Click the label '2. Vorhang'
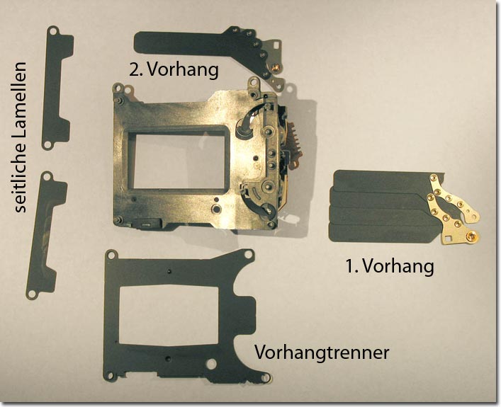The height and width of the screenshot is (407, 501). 174,69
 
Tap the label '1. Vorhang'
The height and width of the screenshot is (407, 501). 390,265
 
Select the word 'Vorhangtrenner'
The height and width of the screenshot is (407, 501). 322,352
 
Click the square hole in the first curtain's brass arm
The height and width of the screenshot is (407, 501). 449,237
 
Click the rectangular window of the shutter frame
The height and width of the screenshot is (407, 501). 179,161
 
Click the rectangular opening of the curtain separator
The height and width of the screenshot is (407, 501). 169,314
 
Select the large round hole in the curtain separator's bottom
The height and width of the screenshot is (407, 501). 211,364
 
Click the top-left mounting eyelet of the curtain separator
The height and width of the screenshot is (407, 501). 112,255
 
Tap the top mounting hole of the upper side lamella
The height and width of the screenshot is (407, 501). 53,31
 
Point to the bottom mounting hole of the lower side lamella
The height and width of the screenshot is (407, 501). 32,293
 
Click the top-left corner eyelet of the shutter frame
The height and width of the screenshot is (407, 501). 118,87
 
